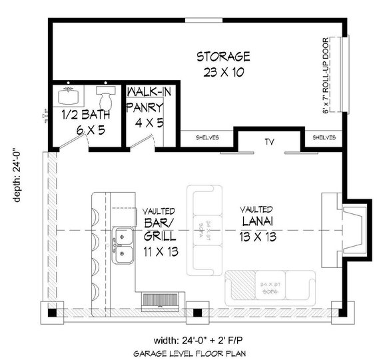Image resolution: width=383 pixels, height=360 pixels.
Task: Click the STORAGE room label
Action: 223,55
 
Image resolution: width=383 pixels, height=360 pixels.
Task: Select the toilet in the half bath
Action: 104,95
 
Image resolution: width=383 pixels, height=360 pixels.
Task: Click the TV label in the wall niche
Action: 269,141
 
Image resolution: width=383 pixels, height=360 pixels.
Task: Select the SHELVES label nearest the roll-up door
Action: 324,139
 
